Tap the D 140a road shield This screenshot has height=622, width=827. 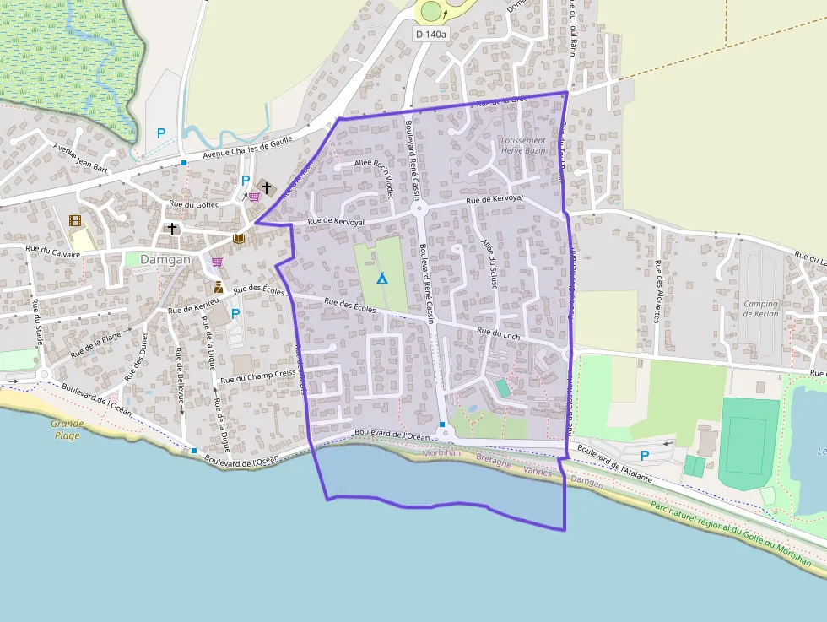point(431,34)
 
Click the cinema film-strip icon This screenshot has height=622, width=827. point(75,221)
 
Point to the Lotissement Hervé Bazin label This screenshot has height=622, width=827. point(523,145)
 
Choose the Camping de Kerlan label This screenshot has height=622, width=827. point(760,309)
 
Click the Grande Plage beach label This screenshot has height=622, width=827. point(67,430)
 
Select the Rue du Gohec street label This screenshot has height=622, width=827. point(194,204)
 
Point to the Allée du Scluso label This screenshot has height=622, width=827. point(487,264)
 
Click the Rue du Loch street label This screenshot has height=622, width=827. point(499,334)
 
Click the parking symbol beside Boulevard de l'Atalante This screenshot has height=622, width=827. point(645,456)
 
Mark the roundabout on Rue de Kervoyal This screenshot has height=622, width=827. point(419,208)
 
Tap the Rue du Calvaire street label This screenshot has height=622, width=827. point(53,251)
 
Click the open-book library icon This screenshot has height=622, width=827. point(239,239)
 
